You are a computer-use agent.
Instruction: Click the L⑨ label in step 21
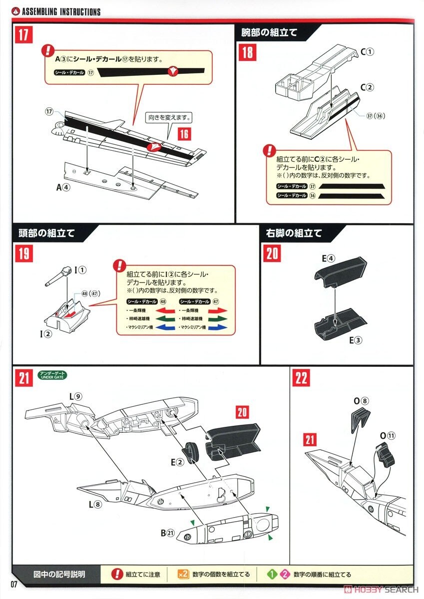coord(76,396)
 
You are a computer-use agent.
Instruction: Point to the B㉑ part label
coord(168,533)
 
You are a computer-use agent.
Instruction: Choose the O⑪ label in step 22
coord(387,436)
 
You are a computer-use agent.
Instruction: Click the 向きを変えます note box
coord(170,118)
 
